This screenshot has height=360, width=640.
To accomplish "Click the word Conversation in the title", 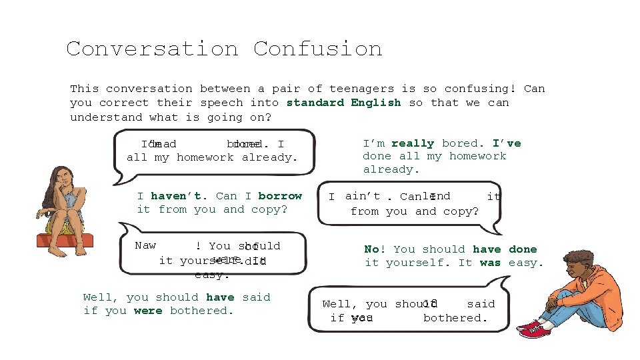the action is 152,49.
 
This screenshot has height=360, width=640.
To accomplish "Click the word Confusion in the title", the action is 317,49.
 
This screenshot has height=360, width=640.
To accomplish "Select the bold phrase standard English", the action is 343,103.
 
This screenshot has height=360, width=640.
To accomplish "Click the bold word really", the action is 413,143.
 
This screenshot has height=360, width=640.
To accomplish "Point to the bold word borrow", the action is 280,196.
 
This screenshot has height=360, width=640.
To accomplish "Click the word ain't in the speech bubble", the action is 363,196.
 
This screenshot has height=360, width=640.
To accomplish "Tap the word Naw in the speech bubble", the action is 145,245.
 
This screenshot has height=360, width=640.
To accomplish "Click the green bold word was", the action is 490,263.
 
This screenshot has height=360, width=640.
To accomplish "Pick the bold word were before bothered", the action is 148,311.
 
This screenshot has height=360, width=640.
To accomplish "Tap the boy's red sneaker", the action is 531,329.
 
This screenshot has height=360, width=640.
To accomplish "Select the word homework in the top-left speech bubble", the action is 205,157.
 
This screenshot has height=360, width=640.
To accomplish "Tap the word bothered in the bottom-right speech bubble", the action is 455,318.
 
